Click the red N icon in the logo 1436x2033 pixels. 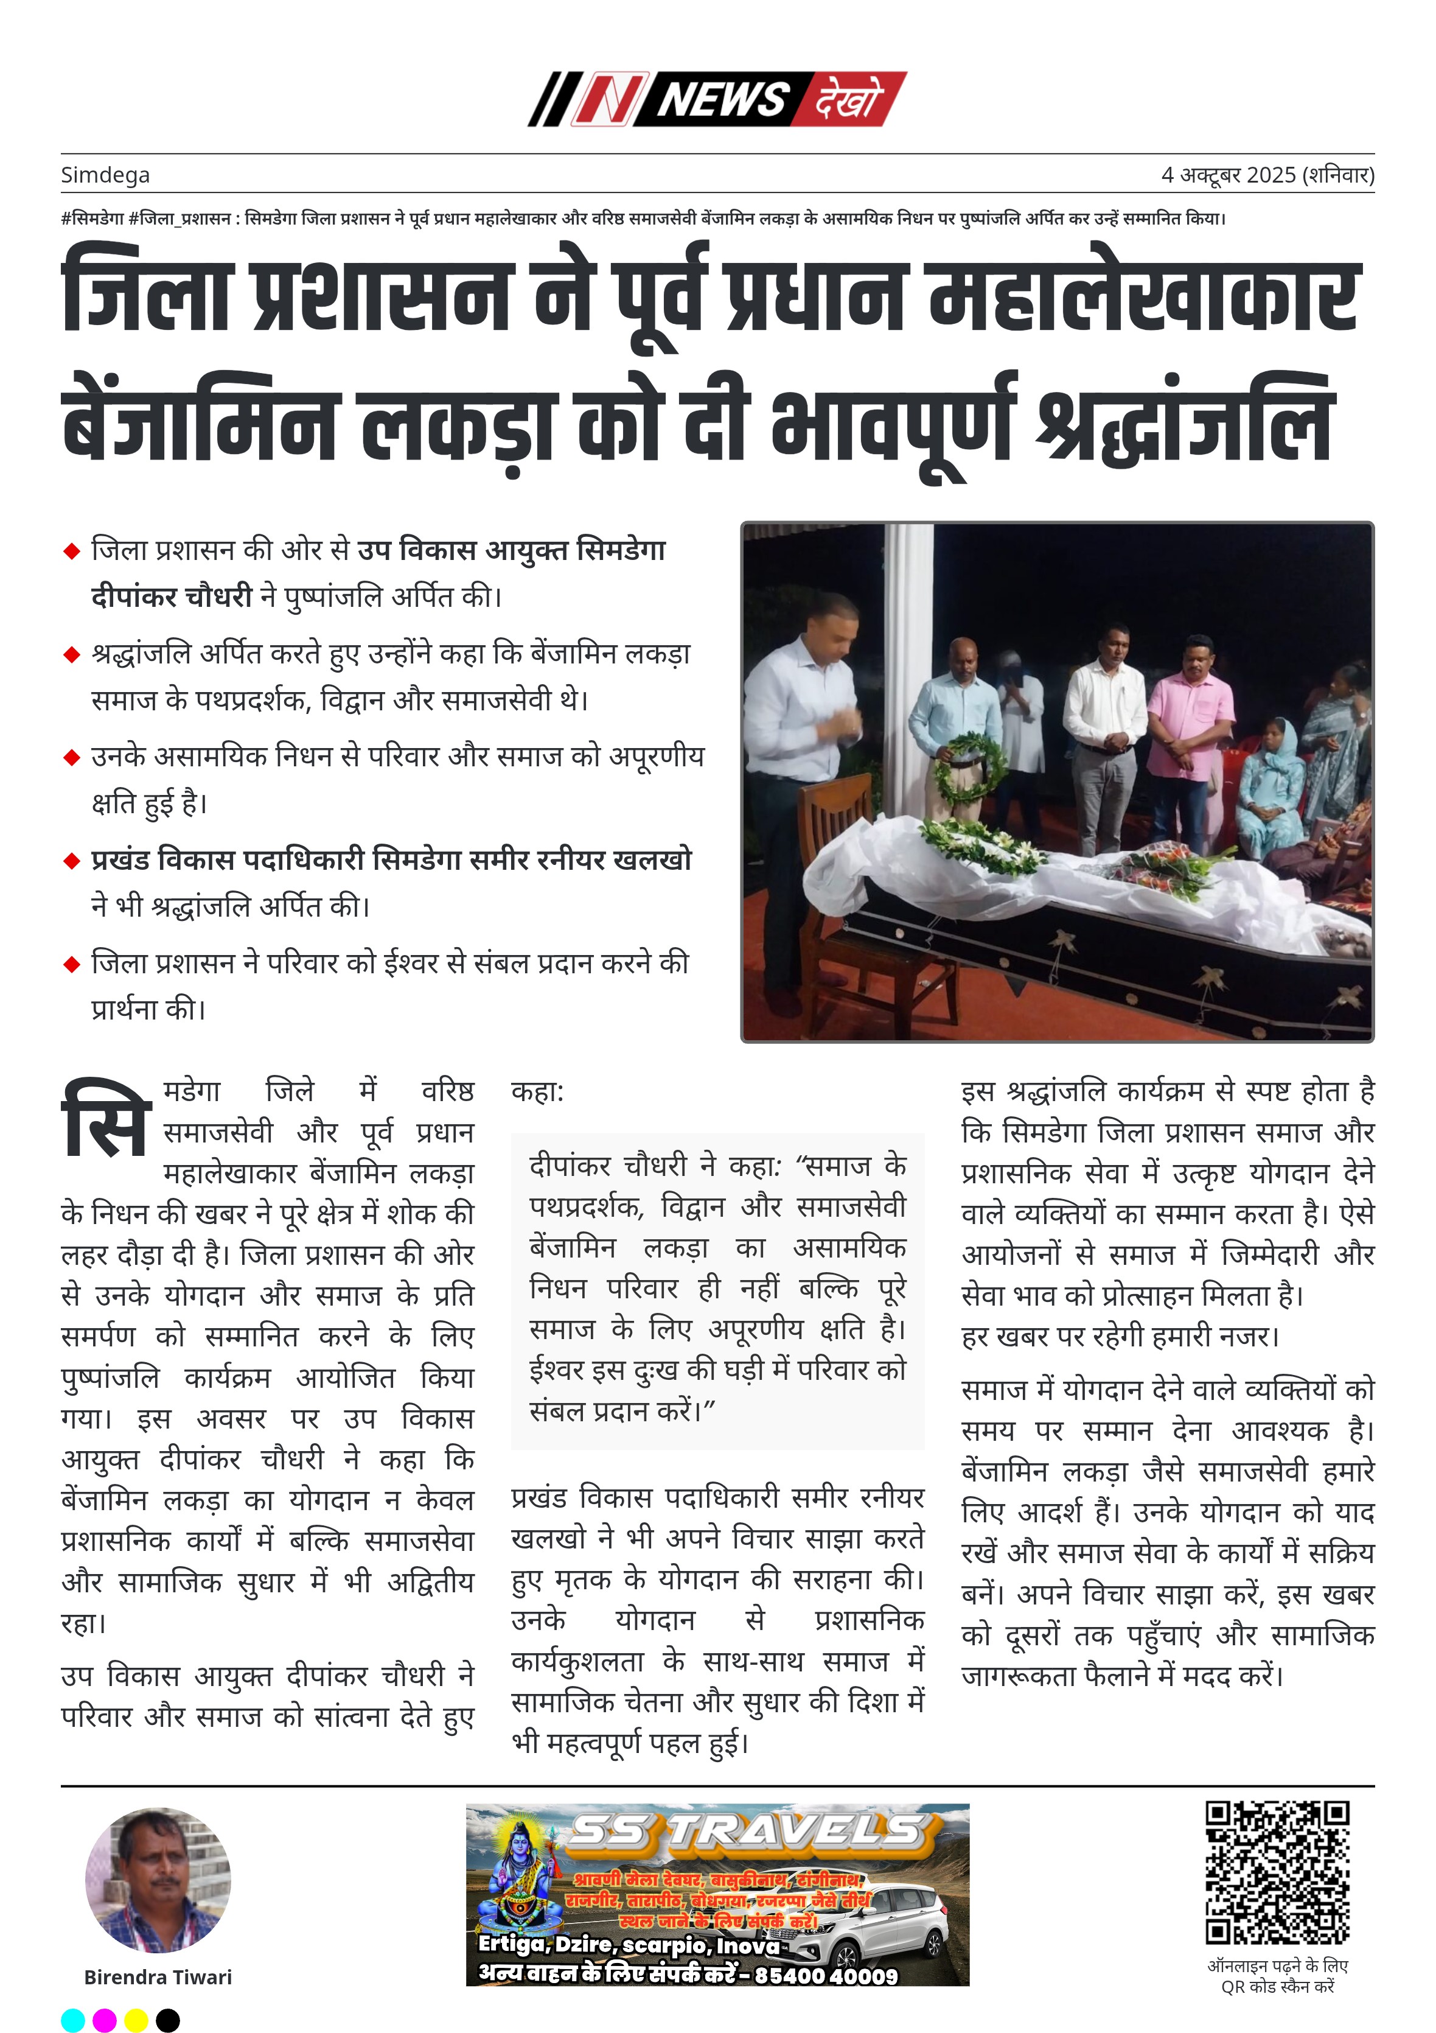[605, 98]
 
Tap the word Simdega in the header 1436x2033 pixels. [105, 175]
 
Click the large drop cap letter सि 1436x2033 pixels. [105, 1118]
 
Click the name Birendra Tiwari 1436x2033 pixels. [158, 1977]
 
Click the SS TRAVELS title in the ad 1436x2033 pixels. [748, 1832]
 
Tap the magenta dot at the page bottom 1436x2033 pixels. [105, 2020]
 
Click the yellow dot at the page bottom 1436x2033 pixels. [136, 2020]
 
